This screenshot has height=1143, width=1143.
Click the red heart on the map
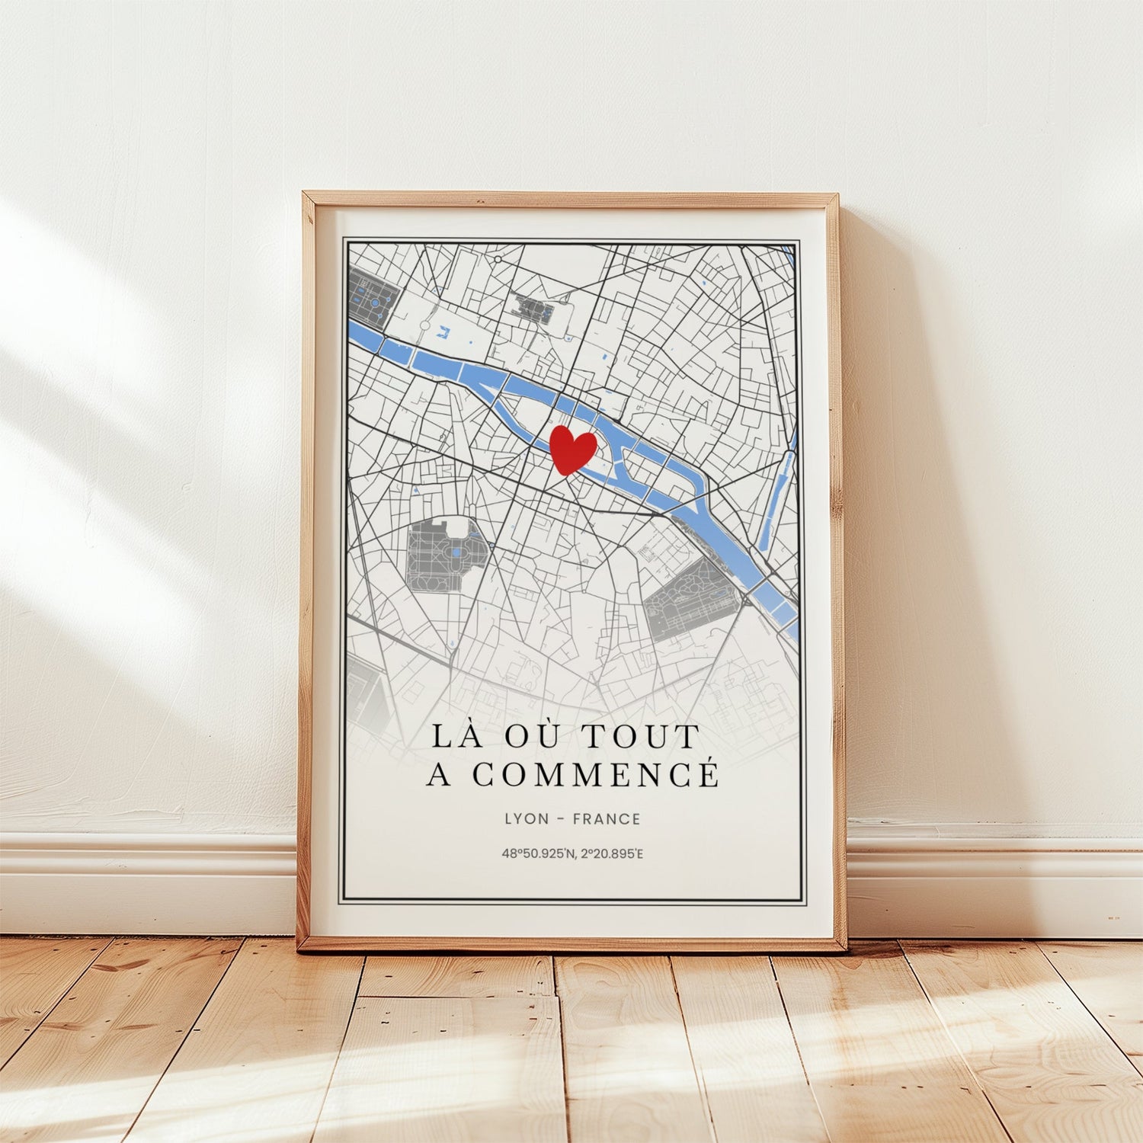pyautogui.click(x=572, y=450)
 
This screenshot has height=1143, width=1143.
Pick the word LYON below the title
pyautogui.click(x=526, y=819)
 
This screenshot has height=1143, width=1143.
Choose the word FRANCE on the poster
pyautogui.click(x=607, y=819)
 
